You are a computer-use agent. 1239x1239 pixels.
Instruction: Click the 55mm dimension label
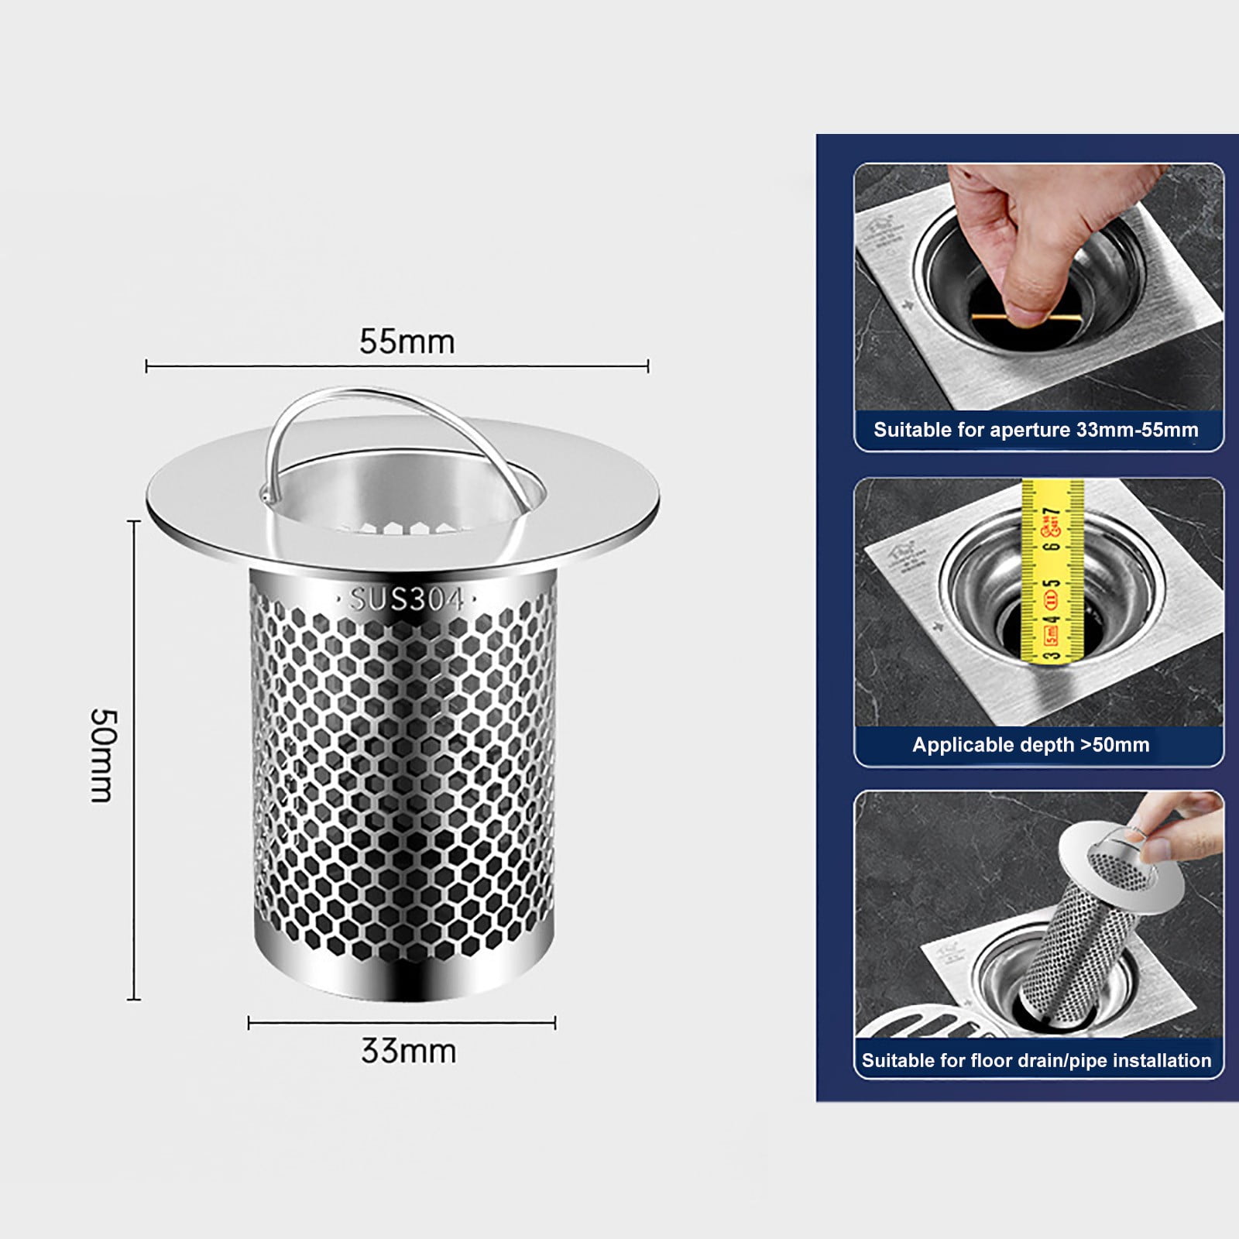pos(407,341)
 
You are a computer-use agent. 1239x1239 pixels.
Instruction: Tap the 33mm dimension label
pos(408,1052)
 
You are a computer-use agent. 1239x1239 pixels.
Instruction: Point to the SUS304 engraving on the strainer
pos(406,599)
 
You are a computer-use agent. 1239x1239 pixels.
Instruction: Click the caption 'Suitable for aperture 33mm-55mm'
pos(1035,430)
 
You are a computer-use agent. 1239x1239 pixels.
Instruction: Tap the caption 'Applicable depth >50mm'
pos(1031,745)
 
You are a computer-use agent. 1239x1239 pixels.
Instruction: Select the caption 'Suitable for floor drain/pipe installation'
pos(1036,1060)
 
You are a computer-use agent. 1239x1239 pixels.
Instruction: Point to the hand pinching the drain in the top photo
pos(999,240)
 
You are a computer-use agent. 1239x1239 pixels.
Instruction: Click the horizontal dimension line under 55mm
pos(397,366)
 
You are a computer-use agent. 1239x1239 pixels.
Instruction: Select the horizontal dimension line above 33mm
pos(401,1024)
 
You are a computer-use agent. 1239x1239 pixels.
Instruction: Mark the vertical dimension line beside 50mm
pos(134,759)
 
